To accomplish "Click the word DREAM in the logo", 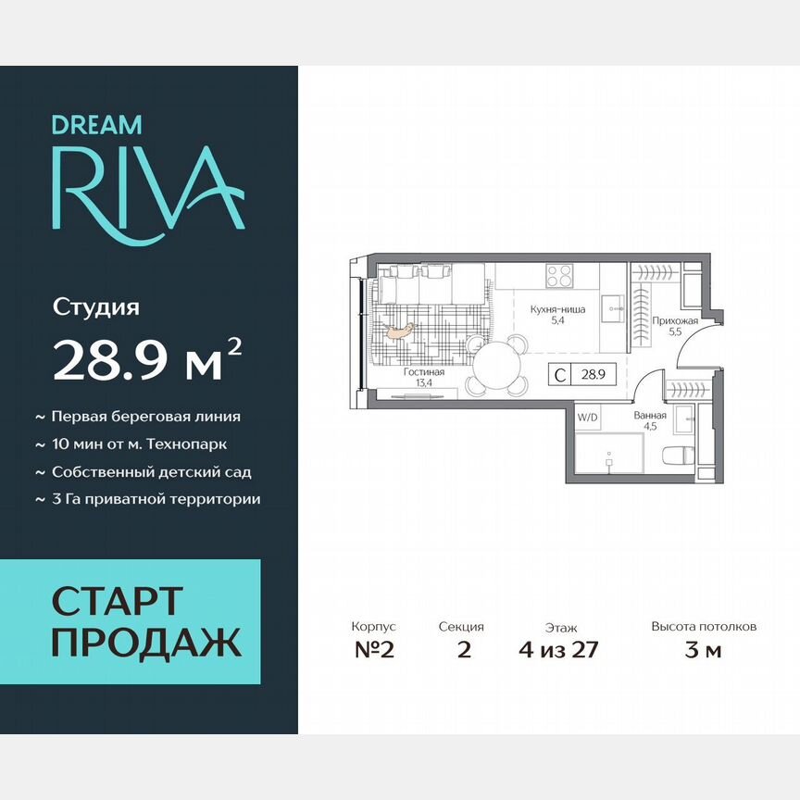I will pos(96,124).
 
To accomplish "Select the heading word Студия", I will pos(95,306).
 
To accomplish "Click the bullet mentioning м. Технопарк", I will pos(139,444).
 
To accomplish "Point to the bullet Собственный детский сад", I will pos(151,471).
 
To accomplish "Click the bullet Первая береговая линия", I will pos(145,417).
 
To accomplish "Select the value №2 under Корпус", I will pos(374,649).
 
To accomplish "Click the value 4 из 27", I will pos(559,649).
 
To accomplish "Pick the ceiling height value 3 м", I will pos(703,649).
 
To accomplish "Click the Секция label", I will pos(461,627).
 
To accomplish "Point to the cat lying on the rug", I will pos(399,330).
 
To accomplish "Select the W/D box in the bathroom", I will pos(587,418).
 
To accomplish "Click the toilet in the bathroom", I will pos(677,456).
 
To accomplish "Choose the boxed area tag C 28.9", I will pos(583,375).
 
